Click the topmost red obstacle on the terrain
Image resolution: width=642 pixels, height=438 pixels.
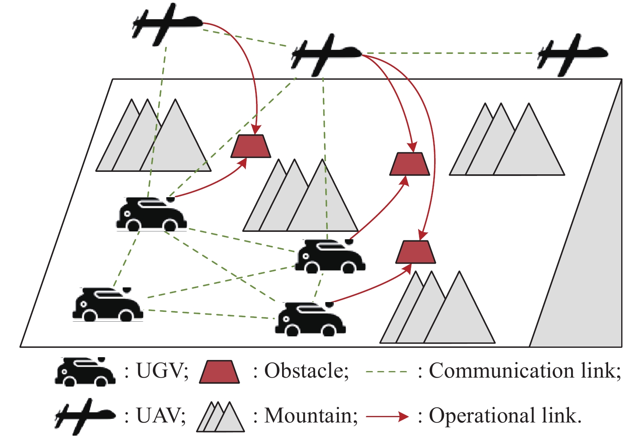click(x=251, y=146)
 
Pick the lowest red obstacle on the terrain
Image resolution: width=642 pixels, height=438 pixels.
click(x=415, y=252)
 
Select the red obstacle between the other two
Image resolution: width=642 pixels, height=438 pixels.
click(x=410, y=164)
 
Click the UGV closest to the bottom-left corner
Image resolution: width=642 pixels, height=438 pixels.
click(x=107, y=305)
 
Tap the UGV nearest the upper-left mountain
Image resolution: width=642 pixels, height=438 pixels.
click(x=151, y=215)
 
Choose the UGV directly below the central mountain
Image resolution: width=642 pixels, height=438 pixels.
click(x=330, y=257)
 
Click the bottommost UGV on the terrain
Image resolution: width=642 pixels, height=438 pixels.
click(x=310, y=320)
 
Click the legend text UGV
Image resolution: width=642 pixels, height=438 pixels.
click(x=162, y=371)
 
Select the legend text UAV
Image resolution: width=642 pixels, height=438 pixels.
click(x=161, y=416)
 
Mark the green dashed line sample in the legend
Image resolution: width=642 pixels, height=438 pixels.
click(x=386, y=372)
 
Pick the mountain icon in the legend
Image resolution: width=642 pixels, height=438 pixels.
click(x=221, y=417)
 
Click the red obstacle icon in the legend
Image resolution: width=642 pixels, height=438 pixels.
click(x=219, y=372)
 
